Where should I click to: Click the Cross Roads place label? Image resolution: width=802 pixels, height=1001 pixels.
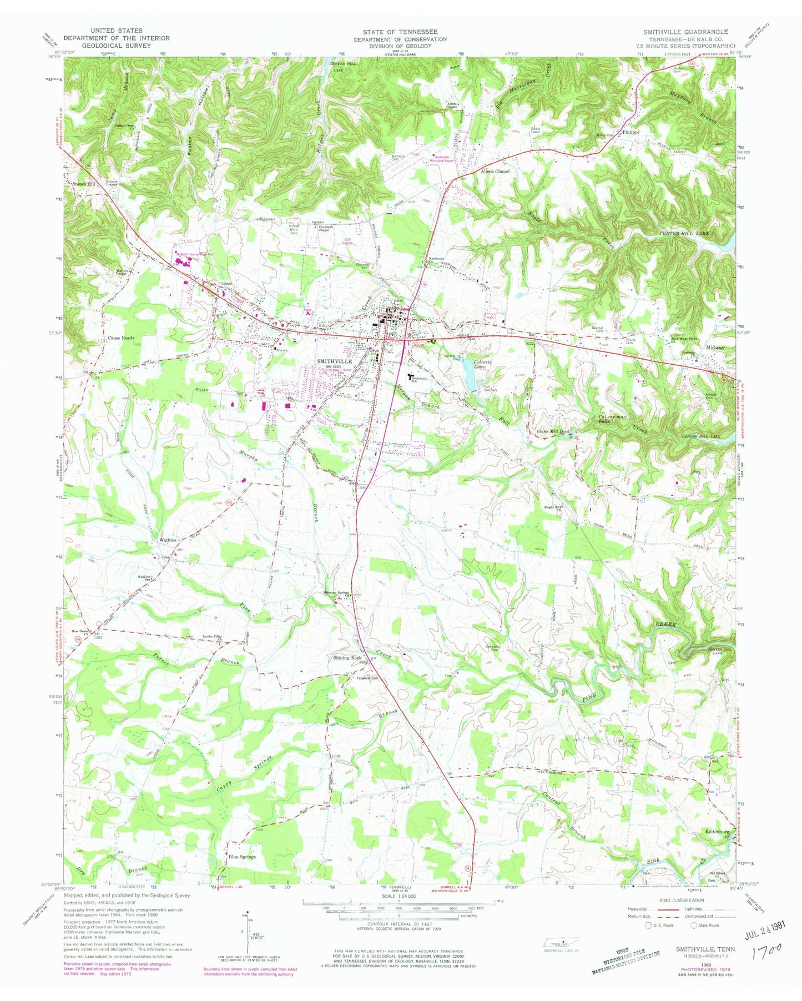(x=121, y=338)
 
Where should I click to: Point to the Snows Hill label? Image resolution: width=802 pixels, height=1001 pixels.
(x=84, y=184)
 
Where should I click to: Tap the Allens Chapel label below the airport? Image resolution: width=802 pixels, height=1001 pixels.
(x=495, y=172)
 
